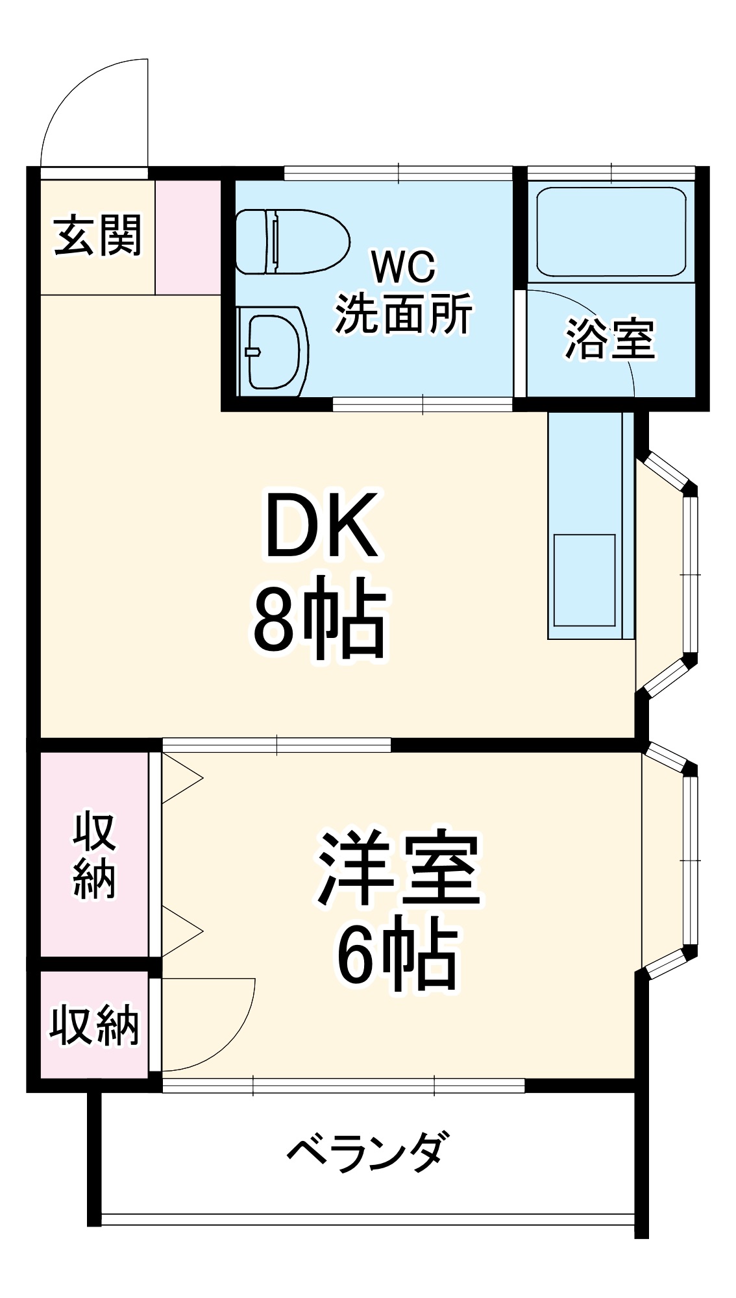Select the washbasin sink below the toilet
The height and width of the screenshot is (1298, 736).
tap(273, 351)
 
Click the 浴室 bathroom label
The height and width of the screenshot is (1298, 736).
tap(609, 339)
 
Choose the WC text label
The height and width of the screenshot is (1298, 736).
tap(403, 267)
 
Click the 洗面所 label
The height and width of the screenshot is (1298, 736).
tap(403, 315)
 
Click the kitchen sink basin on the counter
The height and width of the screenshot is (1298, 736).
tap(584, 580)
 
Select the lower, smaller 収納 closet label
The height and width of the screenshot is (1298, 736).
tap(95, 1026)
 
